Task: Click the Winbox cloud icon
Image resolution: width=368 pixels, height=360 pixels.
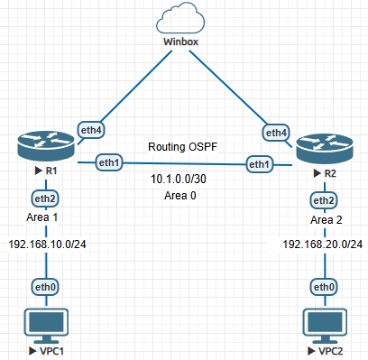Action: click(x=180, y=18)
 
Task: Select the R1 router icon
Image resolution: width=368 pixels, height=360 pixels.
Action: click(x=46, y=146)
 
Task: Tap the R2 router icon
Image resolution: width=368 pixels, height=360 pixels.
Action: click(x=325, y=149)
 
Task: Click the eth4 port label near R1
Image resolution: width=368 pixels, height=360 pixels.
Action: click(x=91, y=130)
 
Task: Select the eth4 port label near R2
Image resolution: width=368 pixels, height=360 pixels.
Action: click(x=276, y=133)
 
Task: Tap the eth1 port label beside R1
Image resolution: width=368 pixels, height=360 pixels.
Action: click(x=109, y=162)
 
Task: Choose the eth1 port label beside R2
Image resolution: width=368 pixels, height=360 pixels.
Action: click(x=260, y=164)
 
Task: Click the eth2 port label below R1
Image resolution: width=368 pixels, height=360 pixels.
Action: click(x=45, y=198)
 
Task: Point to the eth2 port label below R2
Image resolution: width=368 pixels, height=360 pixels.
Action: click(x=324, y=200)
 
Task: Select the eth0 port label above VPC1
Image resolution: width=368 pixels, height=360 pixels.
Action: click(x=45, y=287)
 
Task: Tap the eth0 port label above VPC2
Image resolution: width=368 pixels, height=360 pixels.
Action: click(x=324, y=287)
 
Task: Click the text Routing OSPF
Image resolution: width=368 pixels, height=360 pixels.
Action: click(x=182, y=147)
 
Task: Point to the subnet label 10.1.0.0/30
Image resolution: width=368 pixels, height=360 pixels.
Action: click(x=179, y=179)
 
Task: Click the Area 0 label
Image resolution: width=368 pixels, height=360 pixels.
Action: click(x=180, y=196)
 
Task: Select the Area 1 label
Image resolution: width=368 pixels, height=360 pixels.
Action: click(x=41, y=217)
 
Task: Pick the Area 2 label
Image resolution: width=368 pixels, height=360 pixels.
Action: click(x=327, y=220)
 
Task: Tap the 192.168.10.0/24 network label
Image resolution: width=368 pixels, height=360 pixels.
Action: click(x=47, y=245)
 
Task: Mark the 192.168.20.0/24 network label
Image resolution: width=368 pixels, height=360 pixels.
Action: click(x=323, y=245)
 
